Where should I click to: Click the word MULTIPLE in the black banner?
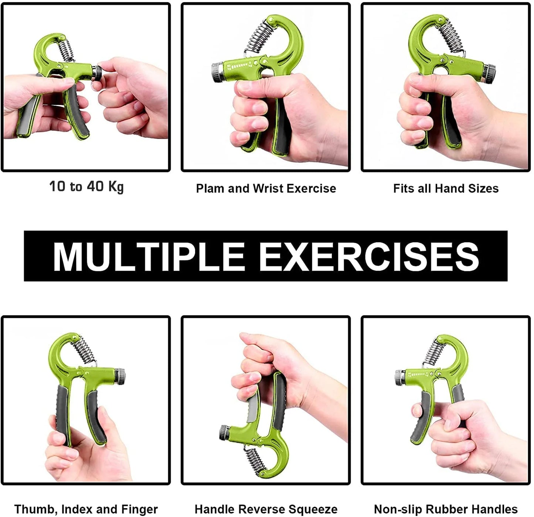(x=149, y=256)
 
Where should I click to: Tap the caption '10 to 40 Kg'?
(x=86, y=186)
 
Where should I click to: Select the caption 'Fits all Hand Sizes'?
(x=446, y=189)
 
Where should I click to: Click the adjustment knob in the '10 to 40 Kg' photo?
(x=97, y=72)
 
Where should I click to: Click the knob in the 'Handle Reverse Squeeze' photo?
(x=224, y=432)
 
